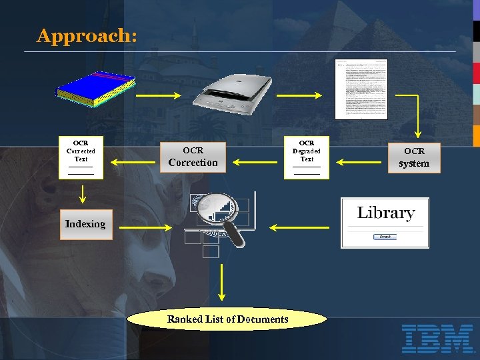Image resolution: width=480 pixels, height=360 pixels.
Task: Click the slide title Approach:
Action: (x=87, y=36)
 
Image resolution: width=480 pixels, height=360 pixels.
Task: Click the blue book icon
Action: (x=95, y=88)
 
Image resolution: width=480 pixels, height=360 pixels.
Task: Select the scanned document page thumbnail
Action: (x=361, y=89)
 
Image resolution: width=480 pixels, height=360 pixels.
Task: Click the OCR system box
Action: (x=414, y=157)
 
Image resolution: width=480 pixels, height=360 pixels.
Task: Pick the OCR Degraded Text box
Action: (x=307, y=157)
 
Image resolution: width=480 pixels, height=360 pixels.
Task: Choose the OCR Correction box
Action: (x=193, y=157)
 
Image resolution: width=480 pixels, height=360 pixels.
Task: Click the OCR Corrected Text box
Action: (x=81, y=157)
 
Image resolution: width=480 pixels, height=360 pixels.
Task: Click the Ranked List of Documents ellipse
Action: (x=227, y=319)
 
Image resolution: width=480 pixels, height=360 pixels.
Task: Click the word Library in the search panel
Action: (x=385, y=213)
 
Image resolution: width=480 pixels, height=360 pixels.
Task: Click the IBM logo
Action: (x=437, y=338)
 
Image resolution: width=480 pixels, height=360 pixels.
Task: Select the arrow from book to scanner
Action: (x=158, y=96)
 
